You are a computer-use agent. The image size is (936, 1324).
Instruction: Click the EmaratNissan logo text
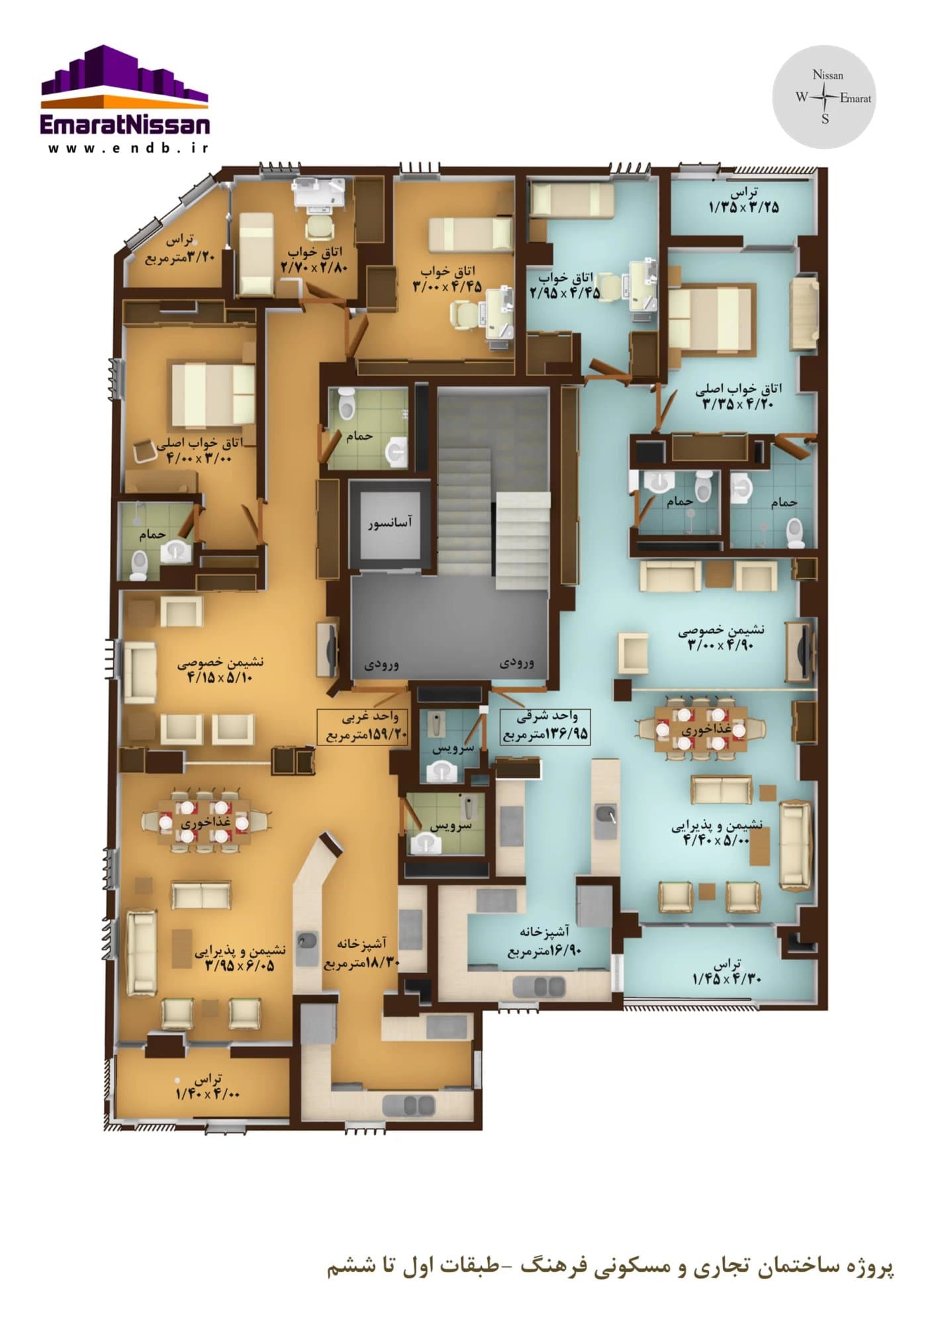coord(125,124)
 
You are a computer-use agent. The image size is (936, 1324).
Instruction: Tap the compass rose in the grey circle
coord(825,98)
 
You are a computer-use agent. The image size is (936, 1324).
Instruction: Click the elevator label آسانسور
coord(390,522)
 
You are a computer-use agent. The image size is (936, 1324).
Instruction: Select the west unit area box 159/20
coord(363,727)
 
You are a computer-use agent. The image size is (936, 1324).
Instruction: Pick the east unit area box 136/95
coord(544,726)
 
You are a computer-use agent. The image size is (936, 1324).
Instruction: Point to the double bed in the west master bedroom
coord(213,396)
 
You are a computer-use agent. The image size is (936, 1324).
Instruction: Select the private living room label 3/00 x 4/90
coord(720,638)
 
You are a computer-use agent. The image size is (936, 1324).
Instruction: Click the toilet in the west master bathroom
coord(138,566)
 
